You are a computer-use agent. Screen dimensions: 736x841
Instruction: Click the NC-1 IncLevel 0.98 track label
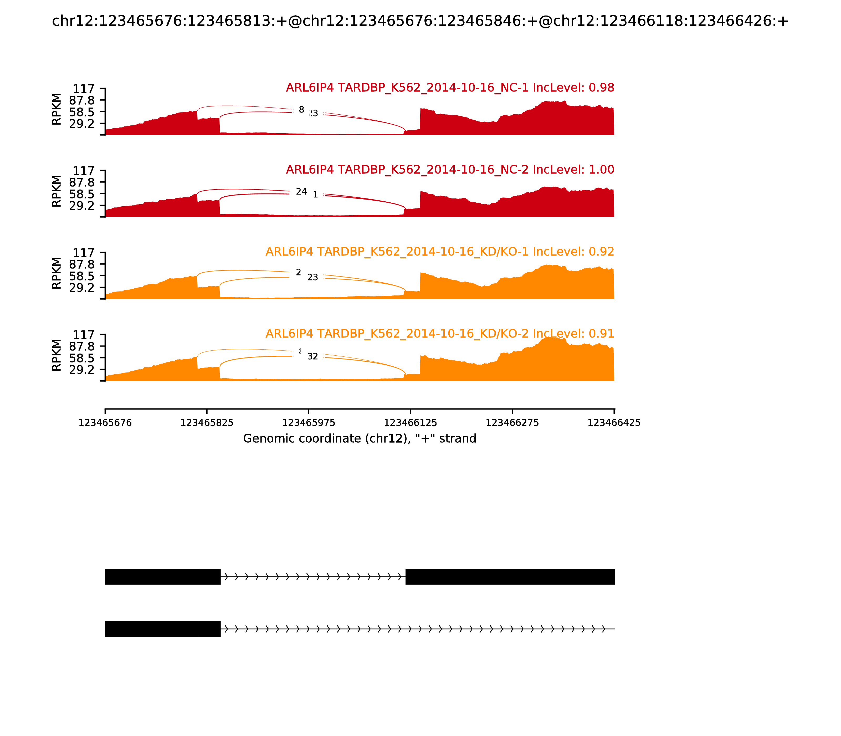click(450, 88)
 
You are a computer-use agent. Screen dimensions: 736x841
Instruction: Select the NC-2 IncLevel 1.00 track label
click(450, 170)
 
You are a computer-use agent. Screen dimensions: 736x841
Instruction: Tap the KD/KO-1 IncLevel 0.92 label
click(439, 252)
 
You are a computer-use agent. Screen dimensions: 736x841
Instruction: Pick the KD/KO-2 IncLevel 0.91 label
click(439, 334)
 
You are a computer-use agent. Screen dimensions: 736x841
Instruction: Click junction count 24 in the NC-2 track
click(301, 192)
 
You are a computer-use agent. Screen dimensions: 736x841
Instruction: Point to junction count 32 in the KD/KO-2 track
click(312, 356)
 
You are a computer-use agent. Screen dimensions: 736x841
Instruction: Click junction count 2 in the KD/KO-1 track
click(299, 272)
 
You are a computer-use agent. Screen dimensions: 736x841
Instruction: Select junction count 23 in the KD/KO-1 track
click(312, 278)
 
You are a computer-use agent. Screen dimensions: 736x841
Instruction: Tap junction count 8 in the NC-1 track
click(301, 110)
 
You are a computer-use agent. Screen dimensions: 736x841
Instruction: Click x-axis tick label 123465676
click(105, 423)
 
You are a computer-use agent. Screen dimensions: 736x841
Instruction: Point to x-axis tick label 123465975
click(309, 423)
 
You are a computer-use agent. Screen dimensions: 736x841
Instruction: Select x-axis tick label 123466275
click(512, 423)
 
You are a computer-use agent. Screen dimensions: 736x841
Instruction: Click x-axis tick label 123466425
click(614, 423)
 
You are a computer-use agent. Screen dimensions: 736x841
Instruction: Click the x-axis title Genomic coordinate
click(360, 439)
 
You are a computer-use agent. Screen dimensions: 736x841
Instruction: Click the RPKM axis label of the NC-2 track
click(57, 191)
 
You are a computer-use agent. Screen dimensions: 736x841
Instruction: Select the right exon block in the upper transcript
click(510, 577)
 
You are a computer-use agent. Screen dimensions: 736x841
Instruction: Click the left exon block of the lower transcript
click(163, 629)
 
